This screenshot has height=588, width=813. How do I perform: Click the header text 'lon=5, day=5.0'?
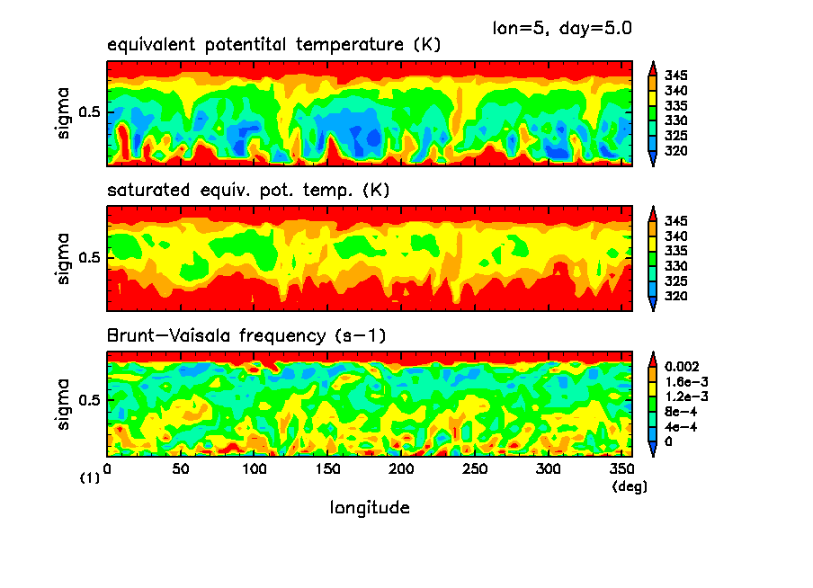point(561,28)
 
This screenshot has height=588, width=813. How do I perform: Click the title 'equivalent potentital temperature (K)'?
point(273,45)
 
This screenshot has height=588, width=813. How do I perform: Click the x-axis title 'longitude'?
point(370,508)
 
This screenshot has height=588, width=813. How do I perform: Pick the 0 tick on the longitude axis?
point(108,470)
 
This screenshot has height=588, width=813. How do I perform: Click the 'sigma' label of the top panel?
point(63,114)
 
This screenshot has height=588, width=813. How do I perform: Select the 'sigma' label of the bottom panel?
point(63,405)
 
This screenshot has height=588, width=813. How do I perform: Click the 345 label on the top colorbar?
point(675,76)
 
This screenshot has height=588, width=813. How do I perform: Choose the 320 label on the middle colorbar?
point(675,296)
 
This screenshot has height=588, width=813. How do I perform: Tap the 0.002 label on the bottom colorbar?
point(680,368)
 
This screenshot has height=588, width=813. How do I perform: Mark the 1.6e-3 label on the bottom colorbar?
point(682,382)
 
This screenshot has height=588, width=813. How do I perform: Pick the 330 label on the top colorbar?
point(675,120)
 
